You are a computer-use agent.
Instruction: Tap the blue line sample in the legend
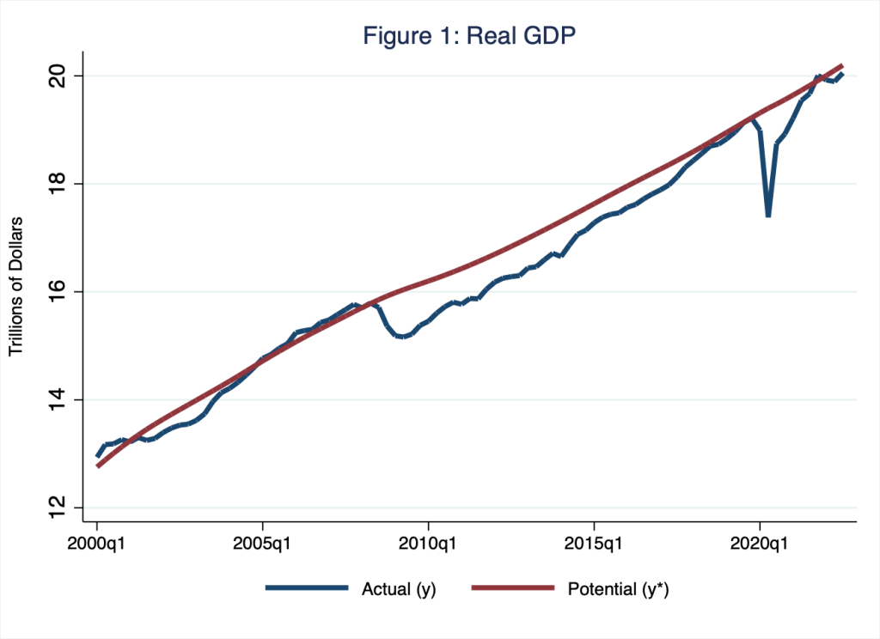point(307,588)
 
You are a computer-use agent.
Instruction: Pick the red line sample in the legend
point(512,588)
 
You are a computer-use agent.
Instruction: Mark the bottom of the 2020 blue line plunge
point(768,216)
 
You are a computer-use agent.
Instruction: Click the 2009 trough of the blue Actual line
point(401,337)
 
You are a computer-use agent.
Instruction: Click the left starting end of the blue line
point(98,455)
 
